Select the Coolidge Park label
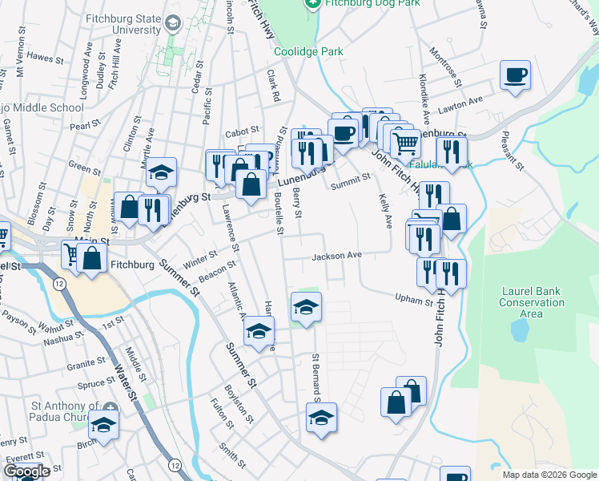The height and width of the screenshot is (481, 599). pyautogui.click(x=308, y=51)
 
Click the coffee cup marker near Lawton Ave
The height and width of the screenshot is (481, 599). pyautogui.click(x=515, y=76)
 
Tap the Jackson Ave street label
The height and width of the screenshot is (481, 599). pyautogui.click(x=337, y=256)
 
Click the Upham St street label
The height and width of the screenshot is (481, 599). pyautogui.click(x=413, y=299)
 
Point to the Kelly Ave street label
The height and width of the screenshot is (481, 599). pyautogui.click(x=382, y=208)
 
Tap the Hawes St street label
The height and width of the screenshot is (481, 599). pyautogui.click(x=45, y=58)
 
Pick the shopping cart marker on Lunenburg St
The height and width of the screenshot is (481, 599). pyautogui.click(x=406, y=143)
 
